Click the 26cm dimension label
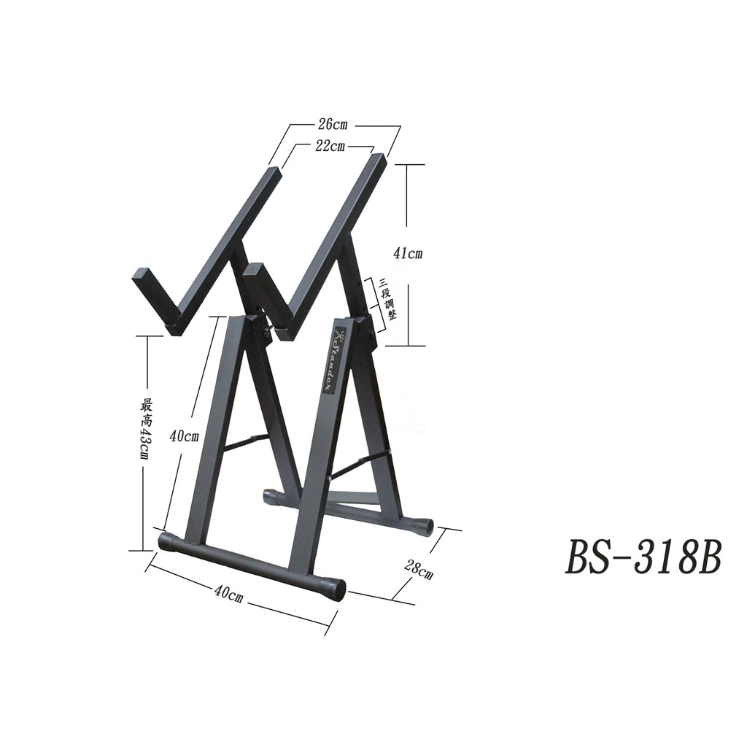333,125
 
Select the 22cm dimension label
330,146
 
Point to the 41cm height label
408,254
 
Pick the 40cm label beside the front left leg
184,437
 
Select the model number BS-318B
643,558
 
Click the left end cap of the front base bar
167,543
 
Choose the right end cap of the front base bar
334,588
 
